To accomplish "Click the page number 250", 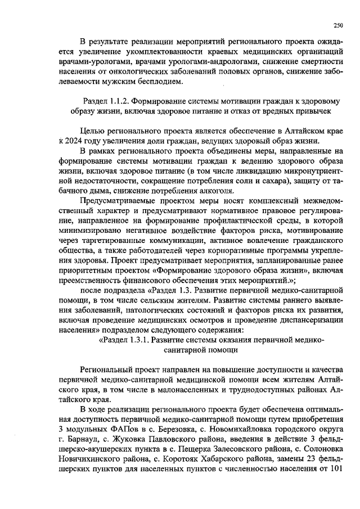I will click(339, 25).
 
